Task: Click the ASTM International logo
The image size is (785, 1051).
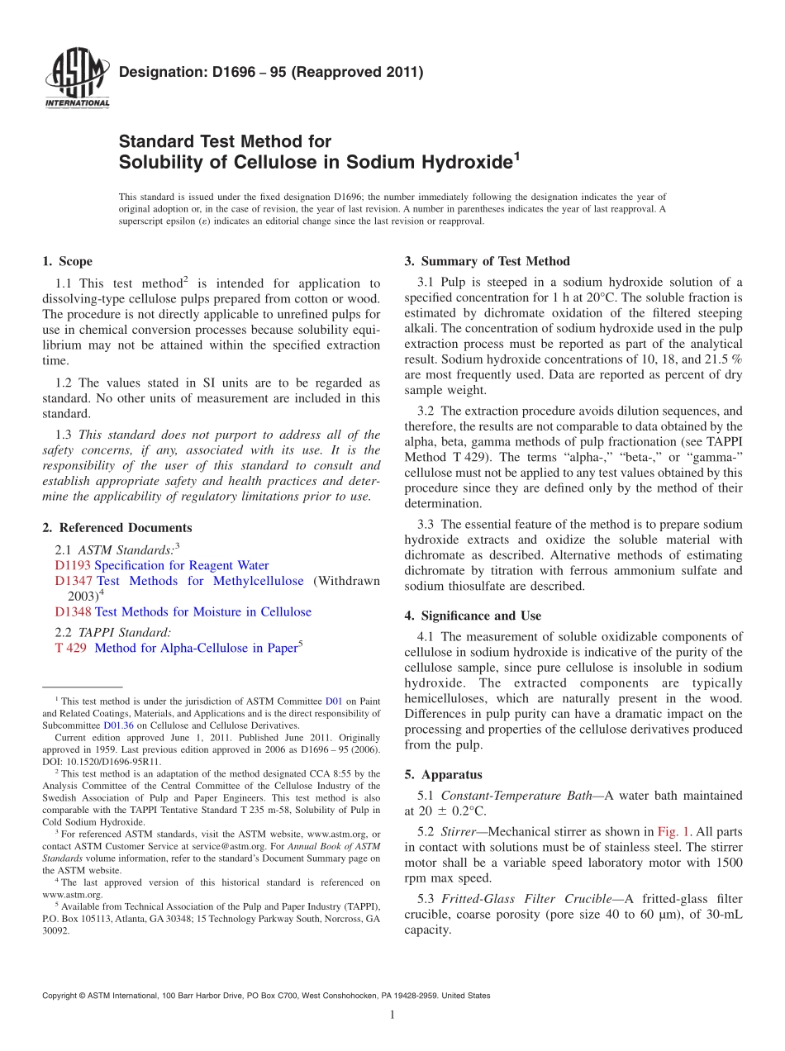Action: (76, 79)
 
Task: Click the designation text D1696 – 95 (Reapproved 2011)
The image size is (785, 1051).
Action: (271, 72)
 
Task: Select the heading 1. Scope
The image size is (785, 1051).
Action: (67, 262)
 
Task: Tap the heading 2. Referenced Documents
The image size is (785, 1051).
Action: (117, 528)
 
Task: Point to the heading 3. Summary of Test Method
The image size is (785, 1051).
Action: (487, 262)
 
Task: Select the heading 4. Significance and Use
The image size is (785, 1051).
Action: (473, 616)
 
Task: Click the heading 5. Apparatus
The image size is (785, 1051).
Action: (443, 775)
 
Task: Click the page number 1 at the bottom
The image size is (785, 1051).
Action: (392, 1015)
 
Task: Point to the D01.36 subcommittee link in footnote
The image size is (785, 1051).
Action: (118, 725)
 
